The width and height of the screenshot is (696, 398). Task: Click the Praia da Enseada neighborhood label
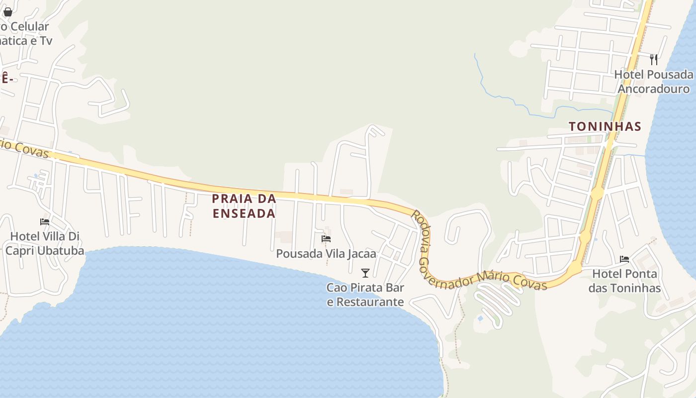pyautogui.click(x=244, y=206)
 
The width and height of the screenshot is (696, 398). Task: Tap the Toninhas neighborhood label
pyautogui.click(x=605, y=126)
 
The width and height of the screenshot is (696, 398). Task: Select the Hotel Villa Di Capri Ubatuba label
pyautogui.click(x=45, y=243)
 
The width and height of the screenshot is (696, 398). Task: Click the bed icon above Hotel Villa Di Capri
pyautogui.click(x=45, y=222)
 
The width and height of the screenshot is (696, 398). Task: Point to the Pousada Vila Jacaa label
pyautogui.click(x=326, y=254)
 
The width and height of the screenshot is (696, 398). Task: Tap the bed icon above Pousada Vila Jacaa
pyautogui.click(x=326, y=239)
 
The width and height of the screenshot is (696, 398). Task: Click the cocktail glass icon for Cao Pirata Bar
pyautogui.click(x=365, y=273)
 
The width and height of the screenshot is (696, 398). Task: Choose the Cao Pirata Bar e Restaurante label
pyautogui.click(x=365, y=295)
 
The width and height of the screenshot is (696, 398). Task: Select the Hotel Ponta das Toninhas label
pyautogui.click(x=624, y=281)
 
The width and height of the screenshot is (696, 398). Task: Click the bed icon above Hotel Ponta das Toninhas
pyautogui.click(x=624, y=259)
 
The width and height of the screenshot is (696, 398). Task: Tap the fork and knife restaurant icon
pyautogui.click(x=654, y=60)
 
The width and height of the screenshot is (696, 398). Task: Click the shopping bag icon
pyautogui.click(x=8, y=11)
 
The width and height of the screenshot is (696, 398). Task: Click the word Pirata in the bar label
pyautogui.click(x=363, y=288)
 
